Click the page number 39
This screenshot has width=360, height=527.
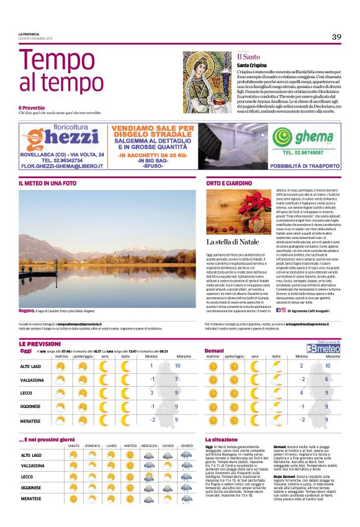tap(336, 37)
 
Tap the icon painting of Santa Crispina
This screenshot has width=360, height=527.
tap(207, 73)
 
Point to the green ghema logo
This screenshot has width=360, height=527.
tap(311, 137)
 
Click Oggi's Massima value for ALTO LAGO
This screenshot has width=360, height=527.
tap(178, 366)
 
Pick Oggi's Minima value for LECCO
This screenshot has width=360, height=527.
tap(151, 392)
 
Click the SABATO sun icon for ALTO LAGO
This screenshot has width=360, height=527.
tap(73, 455)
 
